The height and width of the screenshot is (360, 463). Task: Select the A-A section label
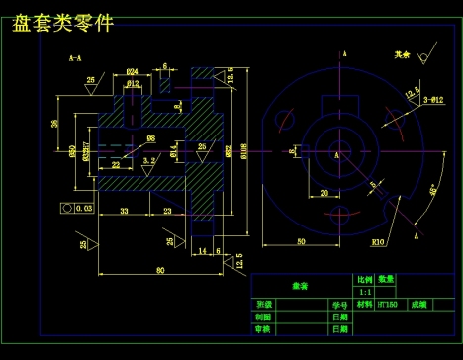[75, 59]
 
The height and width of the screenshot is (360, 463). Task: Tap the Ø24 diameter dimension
[132, 72]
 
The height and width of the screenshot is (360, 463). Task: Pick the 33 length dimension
[124, 212]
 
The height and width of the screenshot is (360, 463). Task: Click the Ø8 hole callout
[150, 137]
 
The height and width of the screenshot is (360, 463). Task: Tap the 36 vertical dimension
[55, 124]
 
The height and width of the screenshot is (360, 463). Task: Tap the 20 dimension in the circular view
[324, 193]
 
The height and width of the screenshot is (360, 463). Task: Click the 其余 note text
[400, 55]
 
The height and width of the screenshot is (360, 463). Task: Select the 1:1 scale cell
[363, 292]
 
